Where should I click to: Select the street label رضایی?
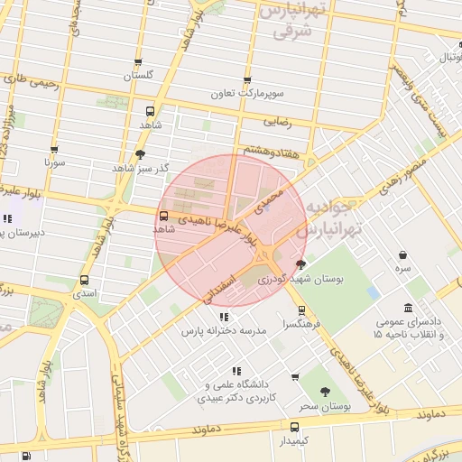(x=276, y=119)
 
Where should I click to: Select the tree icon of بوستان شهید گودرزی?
(x=300, y=264)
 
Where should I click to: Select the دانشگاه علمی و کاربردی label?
(x=236, y=390)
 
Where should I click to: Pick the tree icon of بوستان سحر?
(x=325, y=392)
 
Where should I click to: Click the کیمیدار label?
(x=294, y=440)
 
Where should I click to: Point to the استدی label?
(x=84, y=293)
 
